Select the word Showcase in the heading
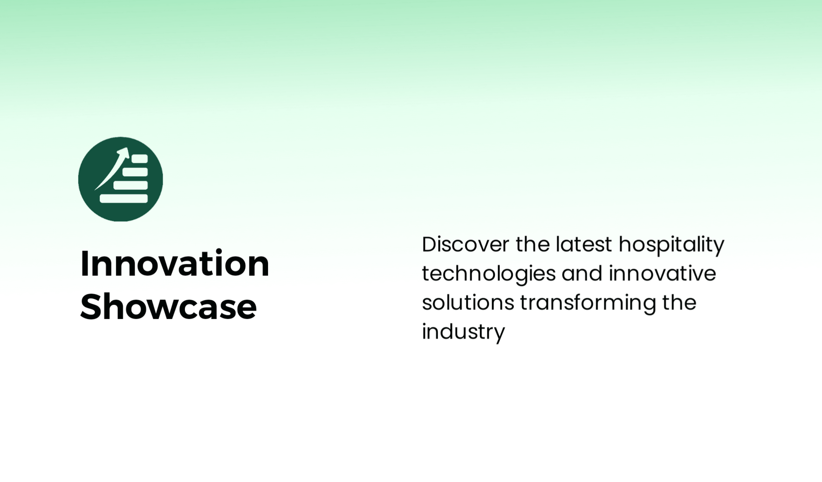point(169,307)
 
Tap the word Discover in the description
point(465,244)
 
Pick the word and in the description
point(582,274)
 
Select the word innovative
point(662,274)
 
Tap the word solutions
point(468,302)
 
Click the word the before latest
point(532,244)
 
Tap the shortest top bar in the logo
point(140,159)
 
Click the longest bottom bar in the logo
point(124,198)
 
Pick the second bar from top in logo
point(135,172)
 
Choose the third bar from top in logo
point(131,185)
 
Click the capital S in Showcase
point(91,307)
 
